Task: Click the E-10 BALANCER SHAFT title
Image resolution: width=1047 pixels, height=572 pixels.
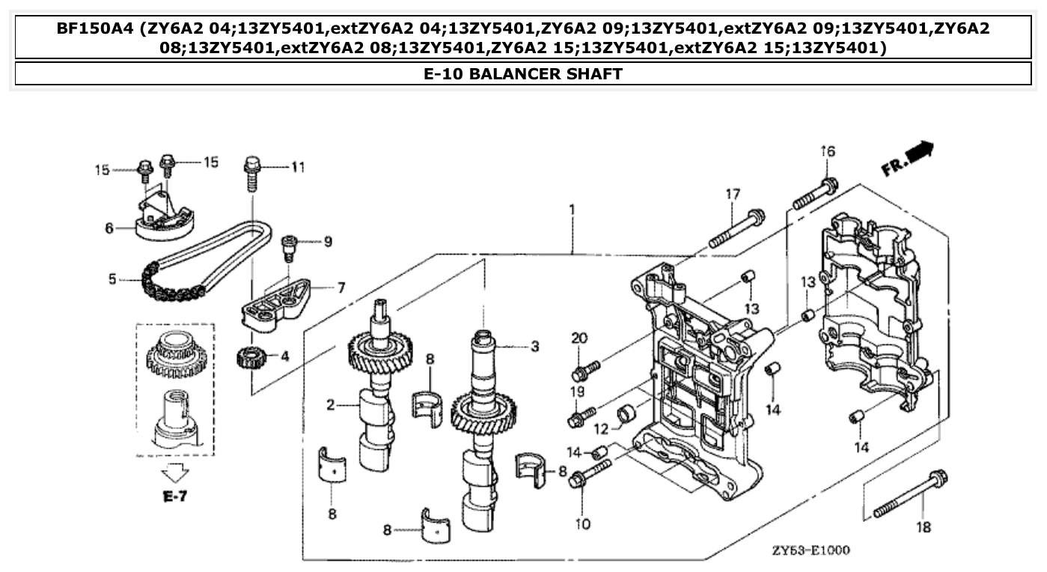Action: (x=522, y=73)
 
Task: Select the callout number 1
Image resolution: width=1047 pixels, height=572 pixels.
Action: (x=572, y=210)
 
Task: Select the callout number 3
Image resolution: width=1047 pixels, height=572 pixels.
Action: (x=534, y=346)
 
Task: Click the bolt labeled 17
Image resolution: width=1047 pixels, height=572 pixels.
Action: (x=735, y=228)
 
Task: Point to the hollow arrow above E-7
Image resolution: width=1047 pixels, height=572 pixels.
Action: (x=175, y=472)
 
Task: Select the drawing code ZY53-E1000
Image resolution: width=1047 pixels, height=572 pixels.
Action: (x=811, y=550)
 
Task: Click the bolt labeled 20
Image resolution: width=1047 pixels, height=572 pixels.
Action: (x=586, y=370)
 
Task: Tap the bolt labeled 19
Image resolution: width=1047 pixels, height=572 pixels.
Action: (x=582, y=416)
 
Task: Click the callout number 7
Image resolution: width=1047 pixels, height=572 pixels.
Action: (x=341, y=287)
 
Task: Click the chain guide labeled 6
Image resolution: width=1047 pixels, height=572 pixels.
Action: (x=165, y=219)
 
